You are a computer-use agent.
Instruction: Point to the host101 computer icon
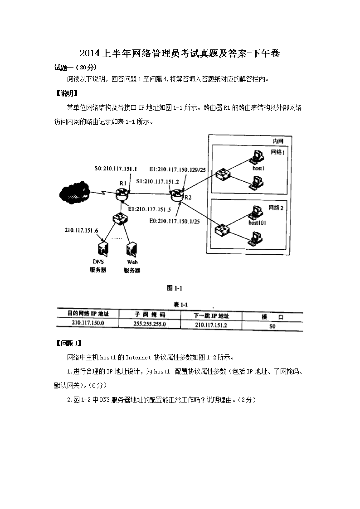pyautogui.click(x=257, y=211)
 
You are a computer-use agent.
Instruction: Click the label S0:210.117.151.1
pyautogui.click(x=116, y=168)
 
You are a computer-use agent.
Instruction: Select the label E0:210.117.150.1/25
pyautogui.click(x=175, y=221)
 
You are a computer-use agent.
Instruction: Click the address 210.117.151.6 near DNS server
pyautogui.click(x=82, y=230)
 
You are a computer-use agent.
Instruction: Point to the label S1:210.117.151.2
pyautogui.click(x=158, y=181)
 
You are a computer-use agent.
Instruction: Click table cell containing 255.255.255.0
pyautogui.click(x=150, y=324)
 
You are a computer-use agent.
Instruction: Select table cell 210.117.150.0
pyautogui.click(x=88, y=323)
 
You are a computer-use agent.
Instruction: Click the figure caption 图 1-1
pyautogui.click(x=175, y=288)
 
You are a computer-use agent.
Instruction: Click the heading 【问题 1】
pyautogui.click(x=68, y=343)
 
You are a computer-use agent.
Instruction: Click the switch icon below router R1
pyautogui.click(x=120, y=219)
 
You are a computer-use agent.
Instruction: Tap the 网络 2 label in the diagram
pyautogui.click(x=276, y=208)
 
